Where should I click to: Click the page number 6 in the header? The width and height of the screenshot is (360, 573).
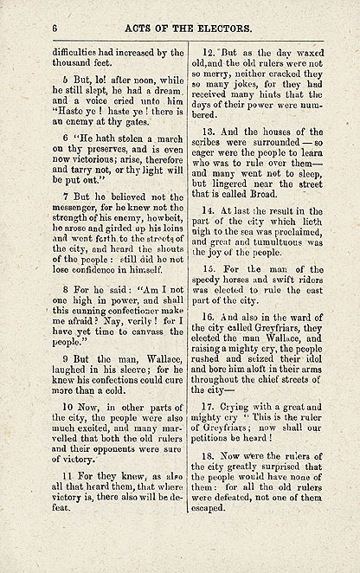[55, 29]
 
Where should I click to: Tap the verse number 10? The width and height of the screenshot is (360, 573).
[67, 404]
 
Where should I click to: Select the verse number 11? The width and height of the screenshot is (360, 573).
[67, 476]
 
